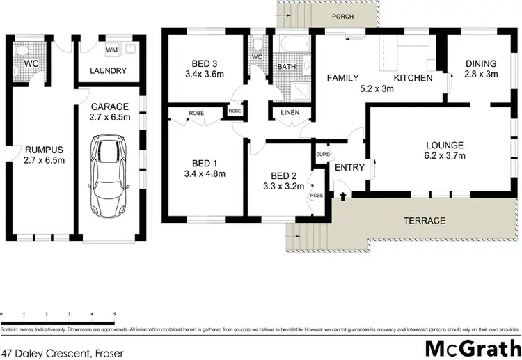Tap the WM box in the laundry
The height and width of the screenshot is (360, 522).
[111, 50]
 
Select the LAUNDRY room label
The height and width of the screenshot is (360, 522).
[109, 70]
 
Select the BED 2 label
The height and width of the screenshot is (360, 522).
[285, 175]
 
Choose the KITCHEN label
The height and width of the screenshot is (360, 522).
[413, 78]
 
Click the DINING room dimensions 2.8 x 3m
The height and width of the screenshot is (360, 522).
[482, 75]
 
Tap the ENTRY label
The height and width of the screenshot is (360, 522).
[349, 167]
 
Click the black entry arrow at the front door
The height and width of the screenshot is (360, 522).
[342, 196]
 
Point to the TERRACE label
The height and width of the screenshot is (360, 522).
[425, 221]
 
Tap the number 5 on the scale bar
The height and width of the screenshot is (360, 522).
[113, 315]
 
